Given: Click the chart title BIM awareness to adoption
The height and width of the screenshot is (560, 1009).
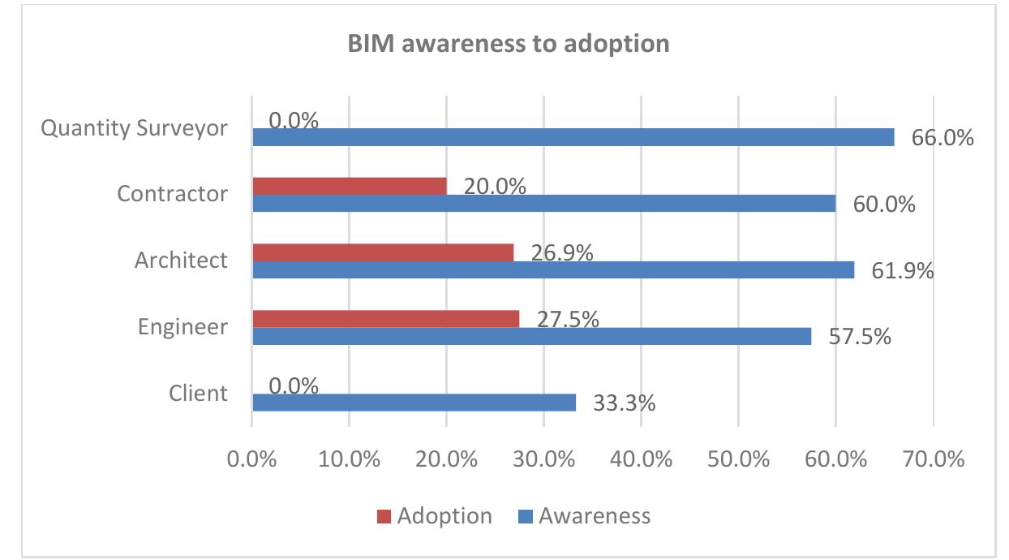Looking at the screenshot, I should coord(509,43).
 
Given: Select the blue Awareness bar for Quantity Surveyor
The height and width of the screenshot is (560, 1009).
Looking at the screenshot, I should coord(573,137).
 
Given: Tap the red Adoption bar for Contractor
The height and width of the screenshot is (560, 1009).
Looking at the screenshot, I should coord(349,186).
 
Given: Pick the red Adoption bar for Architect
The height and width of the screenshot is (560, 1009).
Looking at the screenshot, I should coord(382,252).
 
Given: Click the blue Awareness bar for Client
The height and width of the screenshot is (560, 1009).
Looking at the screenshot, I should coord(414,403).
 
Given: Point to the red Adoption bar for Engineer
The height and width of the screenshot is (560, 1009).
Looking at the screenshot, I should coord(385,319).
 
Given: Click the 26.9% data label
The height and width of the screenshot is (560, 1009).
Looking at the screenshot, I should coord(562,252).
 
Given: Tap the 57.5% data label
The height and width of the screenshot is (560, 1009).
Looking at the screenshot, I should coord(859,336).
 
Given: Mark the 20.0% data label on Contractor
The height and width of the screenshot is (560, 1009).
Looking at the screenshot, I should coord(495,186).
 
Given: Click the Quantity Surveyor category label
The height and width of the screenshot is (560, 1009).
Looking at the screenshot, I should coord(135,128).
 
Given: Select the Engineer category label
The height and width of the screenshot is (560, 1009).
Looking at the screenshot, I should coord(182,327).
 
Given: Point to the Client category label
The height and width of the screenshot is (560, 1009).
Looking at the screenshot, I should coord(198,394).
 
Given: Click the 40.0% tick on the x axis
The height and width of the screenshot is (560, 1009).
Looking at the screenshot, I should coord(640,459).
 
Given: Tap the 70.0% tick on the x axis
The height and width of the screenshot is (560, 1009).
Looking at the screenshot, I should coord(933,459).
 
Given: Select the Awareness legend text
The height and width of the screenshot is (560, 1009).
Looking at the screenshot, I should coord(594,516).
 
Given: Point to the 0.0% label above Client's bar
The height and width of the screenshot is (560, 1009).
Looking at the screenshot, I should coord(293,385).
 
